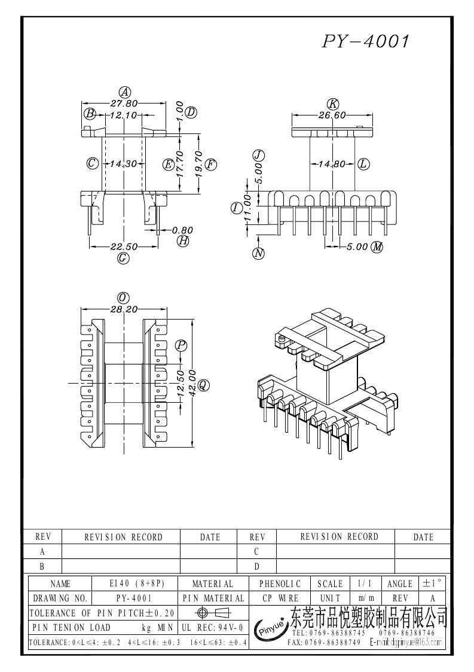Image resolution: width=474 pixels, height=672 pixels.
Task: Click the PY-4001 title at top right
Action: [x=366, y=41]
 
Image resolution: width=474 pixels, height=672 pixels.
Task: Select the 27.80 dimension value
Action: [x=124, y=103]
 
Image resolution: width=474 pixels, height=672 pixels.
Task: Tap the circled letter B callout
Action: [x=90, y=114]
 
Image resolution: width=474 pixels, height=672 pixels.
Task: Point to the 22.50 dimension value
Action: [x=124, y=247]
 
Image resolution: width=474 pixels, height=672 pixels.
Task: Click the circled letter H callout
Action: [x=183, y=241]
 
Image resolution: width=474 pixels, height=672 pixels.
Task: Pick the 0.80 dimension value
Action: [x=182, y=230]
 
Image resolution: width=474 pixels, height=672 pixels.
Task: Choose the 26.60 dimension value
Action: [x=332, y=115]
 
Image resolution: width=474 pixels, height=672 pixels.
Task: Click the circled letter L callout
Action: [x=363, y=163]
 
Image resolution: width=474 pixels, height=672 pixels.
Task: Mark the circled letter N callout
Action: [x=259, y=253]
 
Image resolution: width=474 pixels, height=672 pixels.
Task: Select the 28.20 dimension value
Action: [x=124, y=309]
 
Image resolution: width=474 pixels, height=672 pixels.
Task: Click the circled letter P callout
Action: [x=181, y=345]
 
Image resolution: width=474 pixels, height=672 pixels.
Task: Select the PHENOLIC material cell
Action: [x=280, y=583]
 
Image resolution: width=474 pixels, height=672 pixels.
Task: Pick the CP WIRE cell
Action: [x=280, y=598]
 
